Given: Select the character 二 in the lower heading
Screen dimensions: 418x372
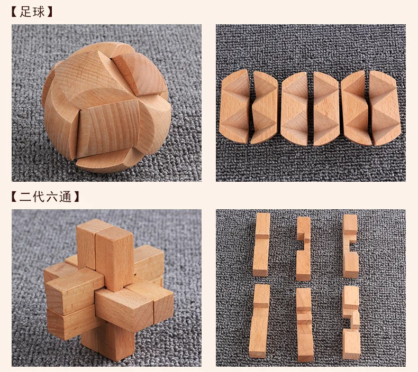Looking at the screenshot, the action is [x=25, y=197].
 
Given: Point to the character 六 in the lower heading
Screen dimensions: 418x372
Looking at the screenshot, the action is [x=52, y=197].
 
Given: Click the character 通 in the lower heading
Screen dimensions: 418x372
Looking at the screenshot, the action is [x=65, y=197].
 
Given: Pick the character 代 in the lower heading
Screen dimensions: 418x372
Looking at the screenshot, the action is [x=39, y=197].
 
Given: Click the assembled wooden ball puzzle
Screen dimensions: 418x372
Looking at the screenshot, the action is [x=106, y=107].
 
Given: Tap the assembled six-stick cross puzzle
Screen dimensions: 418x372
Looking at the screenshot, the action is [x=109, y=289].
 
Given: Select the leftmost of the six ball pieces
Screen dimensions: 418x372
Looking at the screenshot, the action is [x=234, y=106].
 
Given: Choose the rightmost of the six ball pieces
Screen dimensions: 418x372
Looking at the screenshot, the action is [x=385, y=108].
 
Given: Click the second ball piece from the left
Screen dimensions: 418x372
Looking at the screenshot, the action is [x=265, y=107].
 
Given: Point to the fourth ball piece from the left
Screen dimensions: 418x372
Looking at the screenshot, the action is [x=326, y=109].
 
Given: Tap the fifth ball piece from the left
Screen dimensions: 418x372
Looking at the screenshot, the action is [x=356, y=108].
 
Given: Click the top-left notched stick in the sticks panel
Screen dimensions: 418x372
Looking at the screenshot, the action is [x=261, y=245].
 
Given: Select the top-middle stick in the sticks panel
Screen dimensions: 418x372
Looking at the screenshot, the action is [x=303, y=249].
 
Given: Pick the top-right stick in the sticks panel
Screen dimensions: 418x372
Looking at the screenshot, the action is [x=350, y=246].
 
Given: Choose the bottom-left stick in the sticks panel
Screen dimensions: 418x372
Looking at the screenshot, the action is [x=259, y=321].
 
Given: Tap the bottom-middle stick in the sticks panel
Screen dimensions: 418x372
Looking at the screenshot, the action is [x=304, y=325].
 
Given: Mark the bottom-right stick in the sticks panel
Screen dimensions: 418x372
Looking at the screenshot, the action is [x=351, y=322].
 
